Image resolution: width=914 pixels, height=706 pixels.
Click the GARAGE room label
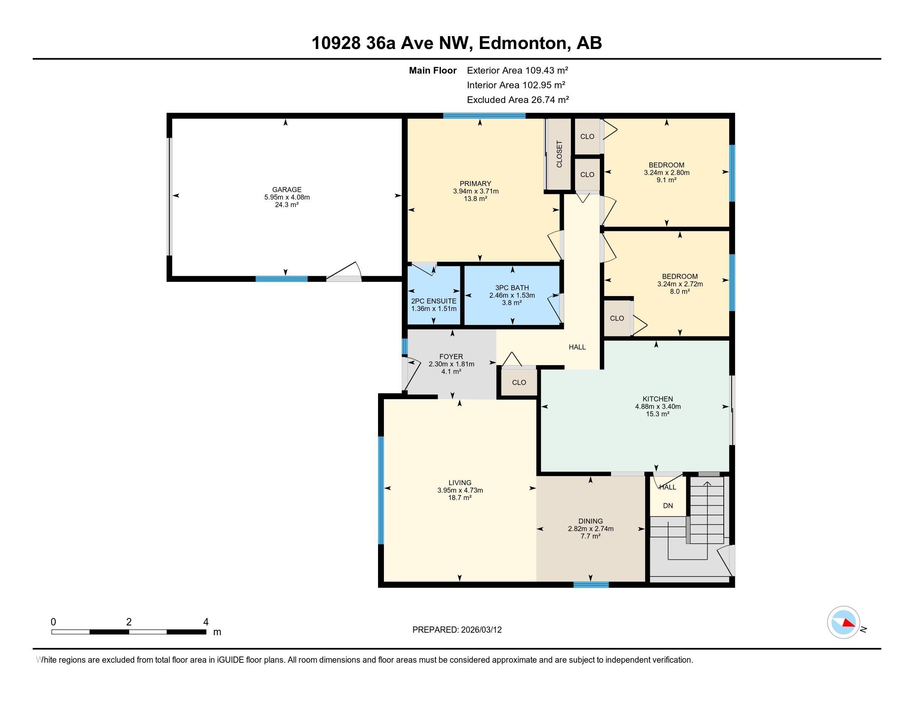coord(287,189)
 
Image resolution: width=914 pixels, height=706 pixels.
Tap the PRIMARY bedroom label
coord(475,184)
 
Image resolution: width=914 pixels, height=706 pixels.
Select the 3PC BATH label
coord(512,288)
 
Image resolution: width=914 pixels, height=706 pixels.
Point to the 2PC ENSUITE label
coord(434,301)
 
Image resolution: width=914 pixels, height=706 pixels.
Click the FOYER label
coord(451,357)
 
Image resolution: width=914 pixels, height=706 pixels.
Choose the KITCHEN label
coord(658,399)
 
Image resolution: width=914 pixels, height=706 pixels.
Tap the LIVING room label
coord(460,483)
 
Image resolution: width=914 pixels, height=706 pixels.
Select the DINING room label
coord(590,521)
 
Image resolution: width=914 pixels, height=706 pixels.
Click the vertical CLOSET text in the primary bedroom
coord(560,154)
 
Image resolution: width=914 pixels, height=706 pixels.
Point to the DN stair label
coord(668,506)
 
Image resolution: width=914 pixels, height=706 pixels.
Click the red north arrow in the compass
coord(849,623)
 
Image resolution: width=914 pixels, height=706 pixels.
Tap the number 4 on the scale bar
coord(206,622)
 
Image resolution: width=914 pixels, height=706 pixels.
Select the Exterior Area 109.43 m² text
coord(518,70)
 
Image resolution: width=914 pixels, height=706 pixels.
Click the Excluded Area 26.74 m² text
coord(518,100)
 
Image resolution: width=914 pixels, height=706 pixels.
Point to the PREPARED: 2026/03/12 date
coord(457,630)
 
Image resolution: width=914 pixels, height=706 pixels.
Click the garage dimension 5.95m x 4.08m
coord(287,197)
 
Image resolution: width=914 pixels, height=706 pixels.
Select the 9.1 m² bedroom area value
coord(667,180)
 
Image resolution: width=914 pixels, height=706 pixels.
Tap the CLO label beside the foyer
coord(519,382)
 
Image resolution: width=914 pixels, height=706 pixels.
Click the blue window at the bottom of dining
coord(591,585)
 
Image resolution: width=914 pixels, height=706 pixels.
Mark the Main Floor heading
coord(433,70)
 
